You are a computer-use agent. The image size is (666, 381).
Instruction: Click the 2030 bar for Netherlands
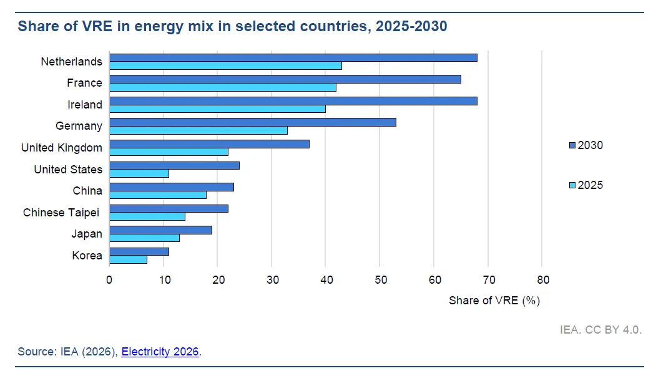pyautogui.click(x=293, y=58)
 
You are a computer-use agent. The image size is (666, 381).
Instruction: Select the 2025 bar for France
pyautogui.click(x=223, y=87)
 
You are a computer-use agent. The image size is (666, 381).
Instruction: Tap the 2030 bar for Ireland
pyautogui.click(x=293, y=101)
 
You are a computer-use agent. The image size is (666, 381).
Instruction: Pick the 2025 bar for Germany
pyautogui.click(x=198, y=130)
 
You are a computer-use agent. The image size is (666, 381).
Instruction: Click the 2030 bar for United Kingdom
pyautogui.click(x=209, y=144)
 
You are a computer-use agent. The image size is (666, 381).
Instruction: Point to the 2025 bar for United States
pyautogui.click(x=139, y=173)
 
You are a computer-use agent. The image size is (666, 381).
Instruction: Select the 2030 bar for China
pyautogui.click(x=172, y=187)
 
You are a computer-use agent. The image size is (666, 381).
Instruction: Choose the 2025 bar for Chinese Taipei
pyautogui.click(x=147, y=216)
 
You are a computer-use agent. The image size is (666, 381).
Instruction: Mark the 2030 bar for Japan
pyautogui.click(x=160, y=230)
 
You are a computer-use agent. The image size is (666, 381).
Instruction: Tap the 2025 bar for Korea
pyautogui.click(x=129, y=259)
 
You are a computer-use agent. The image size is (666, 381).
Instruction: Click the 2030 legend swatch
pyautogui.click(x=572, y=145)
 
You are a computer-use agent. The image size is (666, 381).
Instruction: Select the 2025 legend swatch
pyautogui.click(x=572, y=185)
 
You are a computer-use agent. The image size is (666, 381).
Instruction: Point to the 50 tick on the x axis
pyautogui.click(x=380, y=265)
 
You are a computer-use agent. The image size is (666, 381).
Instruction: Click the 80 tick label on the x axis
pyautogui.click(x=543, y=280)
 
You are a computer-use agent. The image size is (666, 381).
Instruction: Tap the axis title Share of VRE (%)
pyautogui.click(x=494, y=301)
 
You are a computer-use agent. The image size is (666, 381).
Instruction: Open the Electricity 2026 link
pyautogui.click(x=160, y=352)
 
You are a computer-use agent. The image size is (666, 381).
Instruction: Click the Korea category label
pyautogui.click(x=87, y=256)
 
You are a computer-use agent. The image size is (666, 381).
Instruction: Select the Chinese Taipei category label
pyautogui.click(x=61, y=213)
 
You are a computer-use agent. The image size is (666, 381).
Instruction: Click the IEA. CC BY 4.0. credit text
pyautogui.click(x=600, y=330)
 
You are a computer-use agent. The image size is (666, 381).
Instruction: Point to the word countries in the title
pyautogui.click(x=335, y=26)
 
